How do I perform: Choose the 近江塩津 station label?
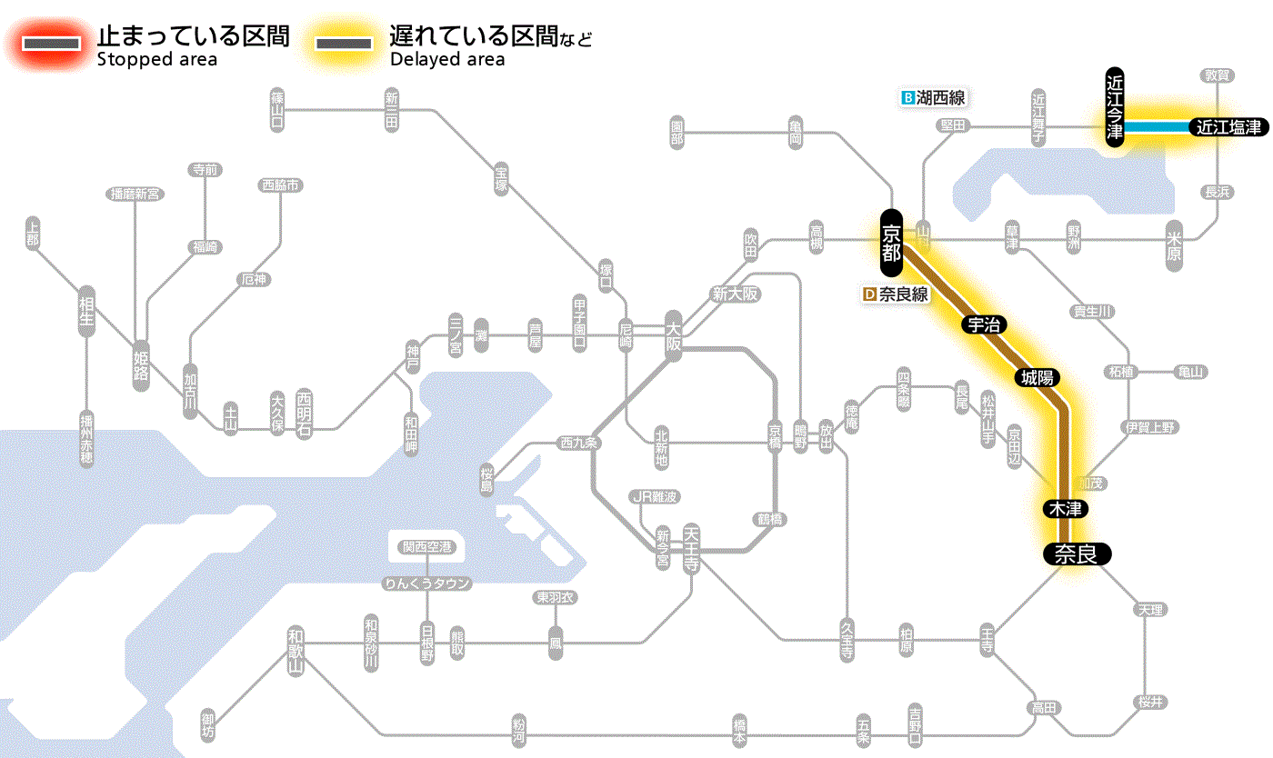(1228, 127)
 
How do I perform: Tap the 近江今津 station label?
(1115, 106)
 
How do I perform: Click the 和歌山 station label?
(295, 650)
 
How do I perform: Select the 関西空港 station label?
(426, 546)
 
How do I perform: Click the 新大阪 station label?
(735, 294)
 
